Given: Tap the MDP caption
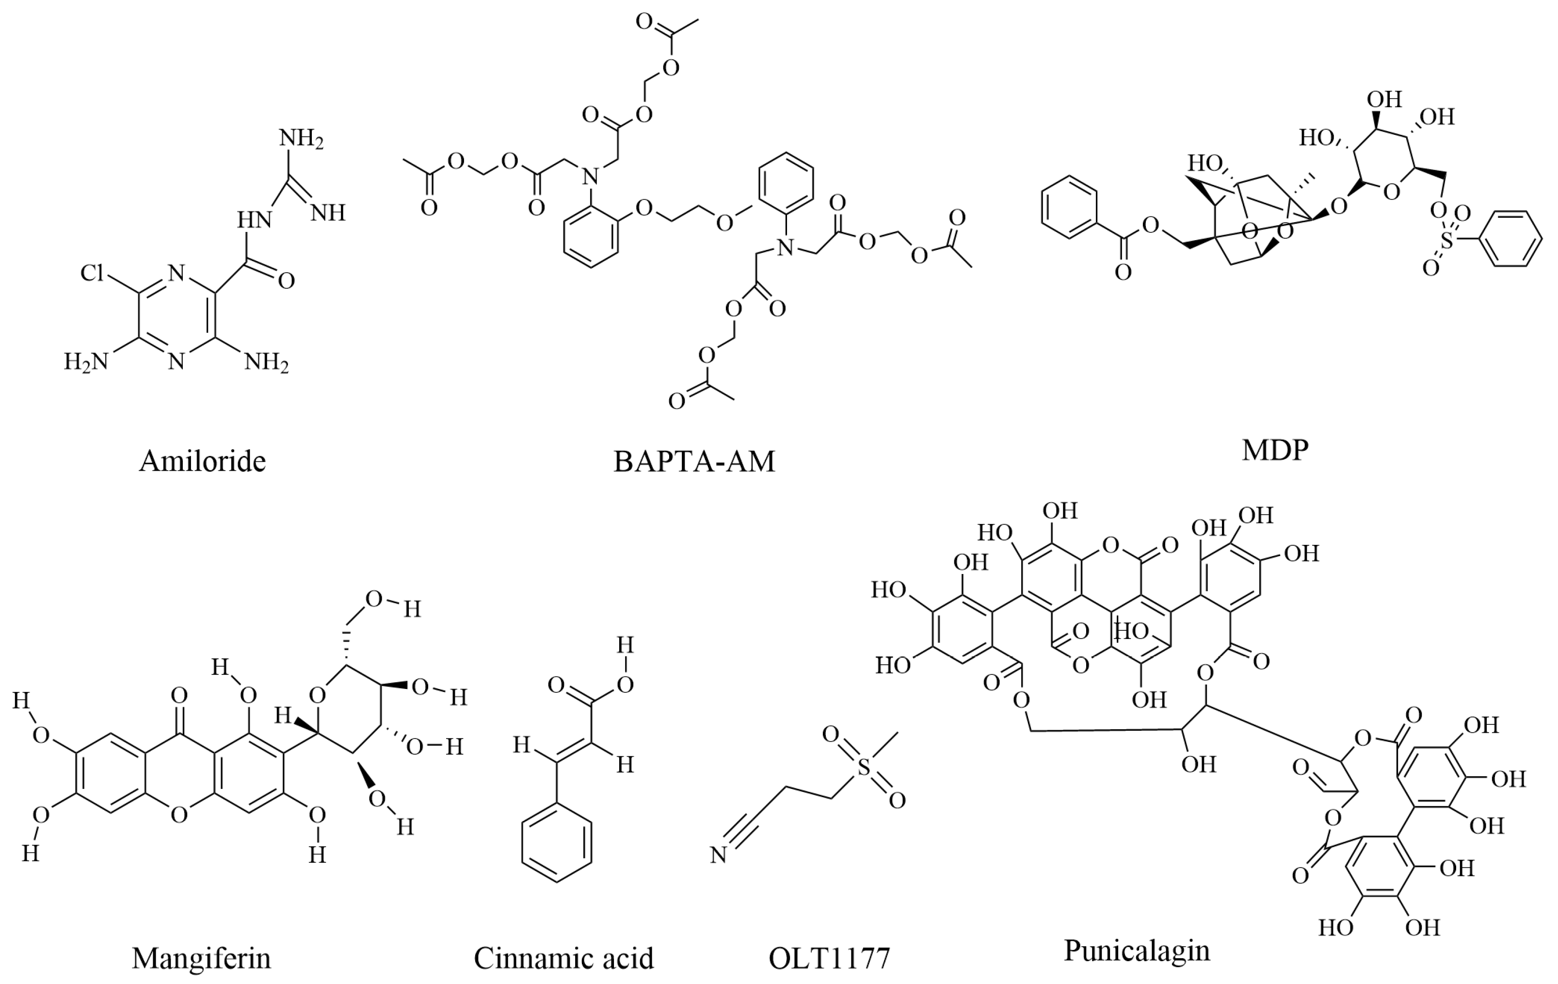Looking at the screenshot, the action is tap(1275, 449).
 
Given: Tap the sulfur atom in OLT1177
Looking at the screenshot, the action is tap(863, 768).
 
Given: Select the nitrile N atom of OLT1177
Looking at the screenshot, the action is tap(718, 855).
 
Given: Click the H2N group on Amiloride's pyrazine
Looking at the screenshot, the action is tap(85, 361).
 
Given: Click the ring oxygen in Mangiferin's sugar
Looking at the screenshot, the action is tap(317, 695).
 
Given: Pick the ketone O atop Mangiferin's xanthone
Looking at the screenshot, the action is tap(179, 696).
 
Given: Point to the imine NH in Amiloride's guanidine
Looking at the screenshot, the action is tap(328, 213).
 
